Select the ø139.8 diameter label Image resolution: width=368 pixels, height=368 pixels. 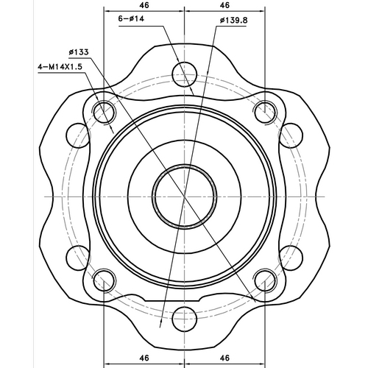click(x=233, y=21)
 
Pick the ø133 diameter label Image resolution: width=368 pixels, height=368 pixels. click(x=79, y=52)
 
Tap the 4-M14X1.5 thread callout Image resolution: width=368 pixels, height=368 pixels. click(x=59, y=66)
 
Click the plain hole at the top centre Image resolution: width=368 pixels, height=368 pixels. click(x=184, y=74)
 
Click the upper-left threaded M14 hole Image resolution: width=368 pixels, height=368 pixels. click(x=105, y=113)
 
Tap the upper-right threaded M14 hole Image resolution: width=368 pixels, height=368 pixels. click(x=263, y=113)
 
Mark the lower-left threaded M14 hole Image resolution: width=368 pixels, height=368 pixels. click(x=105, y=281)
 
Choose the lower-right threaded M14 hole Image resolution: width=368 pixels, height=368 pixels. click(x=263, y=281)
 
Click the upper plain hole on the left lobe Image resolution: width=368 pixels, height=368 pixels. click(x=77, y=135)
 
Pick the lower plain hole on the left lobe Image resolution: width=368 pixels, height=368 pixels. click(x=77, y=259)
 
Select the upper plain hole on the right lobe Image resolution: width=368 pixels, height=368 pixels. click(x=291, y=135)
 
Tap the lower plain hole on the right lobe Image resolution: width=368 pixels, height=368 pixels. click(x=291, y=259)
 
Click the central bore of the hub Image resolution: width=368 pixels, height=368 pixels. click(x=184, y=197)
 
